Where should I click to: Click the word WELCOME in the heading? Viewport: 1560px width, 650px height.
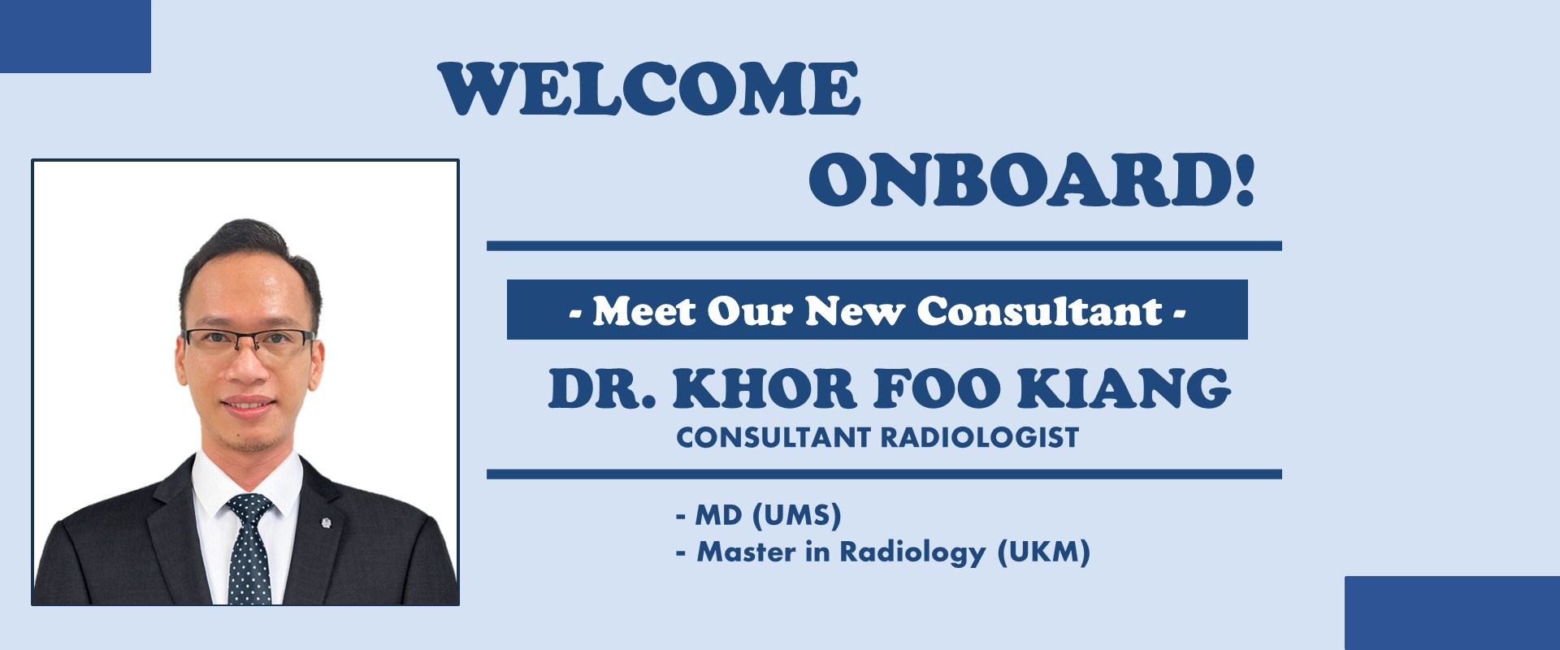click(x=649, y=89)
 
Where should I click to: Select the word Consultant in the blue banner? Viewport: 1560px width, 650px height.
click(x=1041, y=310)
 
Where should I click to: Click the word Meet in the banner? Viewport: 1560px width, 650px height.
click(x=643, y=310)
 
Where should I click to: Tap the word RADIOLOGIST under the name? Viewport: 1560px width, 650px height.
click(x=980, y=437)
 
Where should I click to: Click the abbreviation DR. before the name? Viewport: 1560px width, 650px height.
click(x=602, y=388)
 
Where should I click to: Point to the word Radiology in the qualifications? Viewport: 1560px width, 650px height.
click(x=912, y=552)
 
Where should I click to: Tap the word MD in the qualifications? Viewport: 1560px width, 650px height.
click(x=718, y=515)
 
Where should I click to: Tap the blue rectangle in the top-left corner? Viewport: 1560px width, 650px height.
click(x=76, y=37)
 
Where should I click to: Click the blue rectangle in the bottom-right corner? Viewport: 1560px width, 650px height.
click(x=1452, y=613)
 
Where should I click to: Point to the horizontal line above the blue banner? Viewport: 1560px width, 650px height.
click(x=884, y=245)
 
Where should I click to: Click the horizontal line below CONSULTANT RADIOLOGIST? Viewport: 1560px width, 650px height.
click(x=884, y=474)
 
